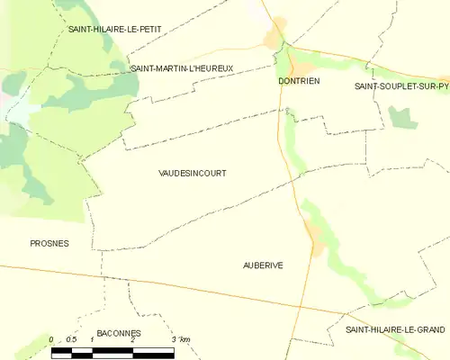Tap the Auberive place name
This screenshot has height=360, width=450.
(x=264, y=265)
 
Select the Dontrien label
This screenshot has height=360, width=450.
(x=296, y=81)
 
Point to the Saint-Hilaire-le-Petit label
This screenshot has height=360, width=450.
(x=115, y=30)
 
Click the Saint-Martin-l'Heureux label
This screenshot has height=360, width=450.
(x=182, y=68)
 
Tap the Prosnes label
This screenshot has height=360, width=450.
(x=49, y=243)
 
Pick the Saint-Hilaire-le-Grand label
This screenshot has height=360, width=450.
(x=395, y=329)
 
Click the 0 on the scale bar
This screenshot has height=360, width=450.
(x=51, y=339)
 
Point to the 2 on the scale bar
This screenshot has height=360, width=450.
(x=132, y=339)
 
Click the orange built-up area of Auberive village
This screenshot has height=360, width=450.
(x=314, y=235)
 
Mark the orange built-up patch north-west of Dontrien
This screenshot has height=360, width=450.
(x=274, y=36)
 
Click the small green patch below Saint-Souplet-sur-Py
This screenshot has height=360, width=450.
(x=400, y=116)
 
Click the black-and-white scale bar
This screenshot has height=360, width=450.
(x=112, y=350)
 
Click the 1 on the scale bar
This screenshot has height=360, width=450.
(x=92, y=339)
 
